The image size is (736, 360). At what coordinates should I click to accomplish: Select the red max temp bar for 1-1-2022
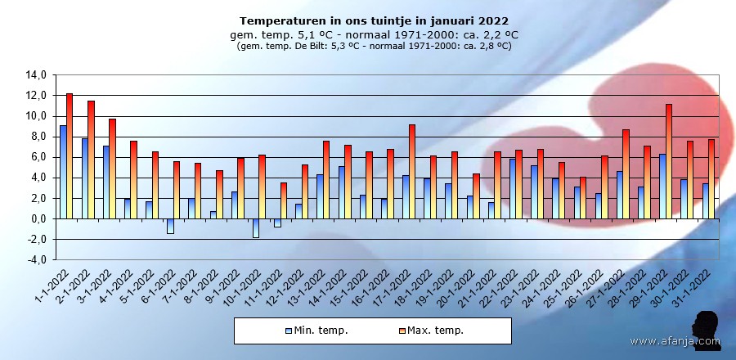(x=70, y=155)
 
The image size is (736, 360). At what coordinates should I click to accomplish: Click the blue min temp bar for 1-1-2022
(x=63, y=172)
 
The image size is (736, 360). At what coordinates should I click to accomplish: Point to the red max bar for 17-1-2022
(x=412, y=171)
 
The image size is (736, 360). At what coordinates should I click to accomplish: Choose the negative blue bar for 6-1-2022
(x=170, y=226)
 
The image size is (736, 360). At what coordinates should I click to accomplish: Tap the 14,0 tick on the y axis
(x=37, y=75)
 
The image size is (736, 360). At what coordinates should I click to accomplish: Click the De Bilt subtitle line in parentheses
(x=374, y=47)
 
